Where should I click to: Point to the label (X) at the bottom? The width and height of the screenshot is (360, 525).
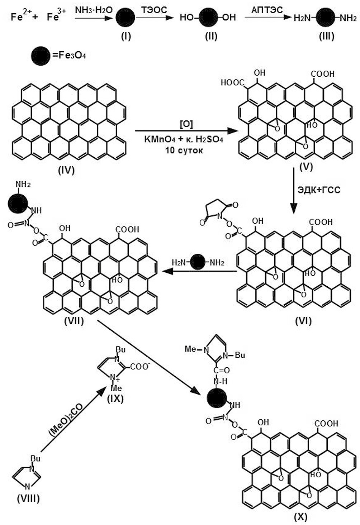click(x=300, y=517)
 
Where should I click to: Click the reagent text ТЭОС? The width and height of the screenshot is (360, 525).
click(x=154, y=10)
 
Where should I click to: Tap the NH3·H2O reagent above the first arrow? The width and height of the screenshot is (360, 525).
click(x=94, y=10)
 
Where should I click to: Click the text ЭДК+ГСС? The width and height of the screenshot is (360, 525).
click(x=319, y=189)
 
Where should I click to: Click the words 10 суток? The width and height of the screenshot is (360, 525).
click(x=184, y=150)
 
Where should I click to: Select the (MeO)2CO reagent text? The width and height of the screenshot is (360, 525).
click(x=66, y=420)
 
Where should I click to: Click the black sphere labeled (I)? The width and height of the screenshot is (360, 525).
click(x=125, y=18)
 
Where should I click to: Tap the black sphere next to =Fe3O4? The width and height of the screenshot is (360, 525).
click(x=41, y=56)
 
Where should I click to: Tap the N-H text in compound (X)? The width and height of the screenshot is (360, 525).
click(x=220, y=381)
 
